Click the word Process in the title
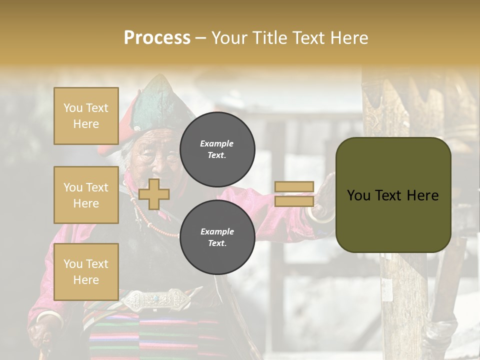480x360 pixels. click(x=157, y=38)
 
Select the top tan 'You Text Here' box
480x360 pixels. click(x=86, y=116)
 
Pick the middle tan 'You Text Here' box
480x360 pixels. click(x=86, y=195)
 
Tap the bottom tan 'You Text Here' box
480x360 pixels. click(x=86, y=271)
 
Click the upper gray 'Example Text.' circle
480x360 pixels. click(x=217, y=149)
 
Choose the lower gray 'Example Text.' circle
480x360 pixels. click(x=217, y=237)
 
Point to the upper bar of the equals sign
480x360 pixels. click(x=294, y=187)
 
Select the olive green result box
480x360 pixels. click(x=393, y=195)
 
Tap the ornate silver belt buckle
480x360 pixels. click(x=155, y=300)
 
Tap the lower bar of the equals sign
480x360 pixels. click(x=294, y=201)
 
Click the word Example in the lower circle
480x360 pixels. click(x=217, y=231)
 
